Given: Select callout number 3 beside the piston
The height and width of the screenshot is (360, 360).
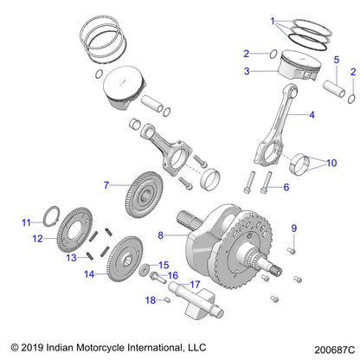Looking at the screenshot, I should (x=247, y=72).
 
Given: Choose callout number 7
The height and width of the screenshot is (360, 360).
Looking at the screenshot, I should (x=106, y=184).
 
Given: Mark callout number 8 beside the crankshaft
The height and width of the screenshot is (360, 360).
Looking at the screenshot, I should (x=161, y=235).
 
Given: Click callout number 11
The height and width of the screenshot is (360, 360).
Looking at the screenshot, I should (x=26, y=222).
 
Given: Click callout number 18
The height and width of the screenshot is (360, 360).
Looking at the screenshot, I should (x=149, y=300).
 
